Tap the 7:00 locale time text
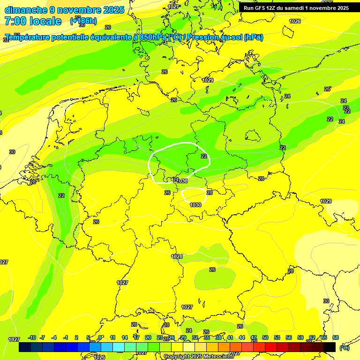click(33, 21)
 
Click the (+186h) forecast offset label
click(83, 21)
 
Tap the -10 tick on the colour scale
click(32, 338)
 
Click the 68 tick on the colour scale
click(336, 338)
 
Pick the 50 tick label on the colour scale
click(265, 338)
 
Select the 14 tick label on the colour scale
click(125, 338)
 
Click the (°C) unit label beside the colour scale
click(345, 348)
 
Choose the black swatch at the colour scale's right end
click(330, 347)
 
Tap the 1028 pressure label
click(177, 256)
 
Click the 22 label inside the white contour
click(204, 156)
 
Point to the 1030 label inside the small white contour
click(195, 205)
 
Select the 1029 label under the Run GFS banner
click(208, 80)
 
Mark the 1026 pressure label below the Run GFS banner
click(295, 21)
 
